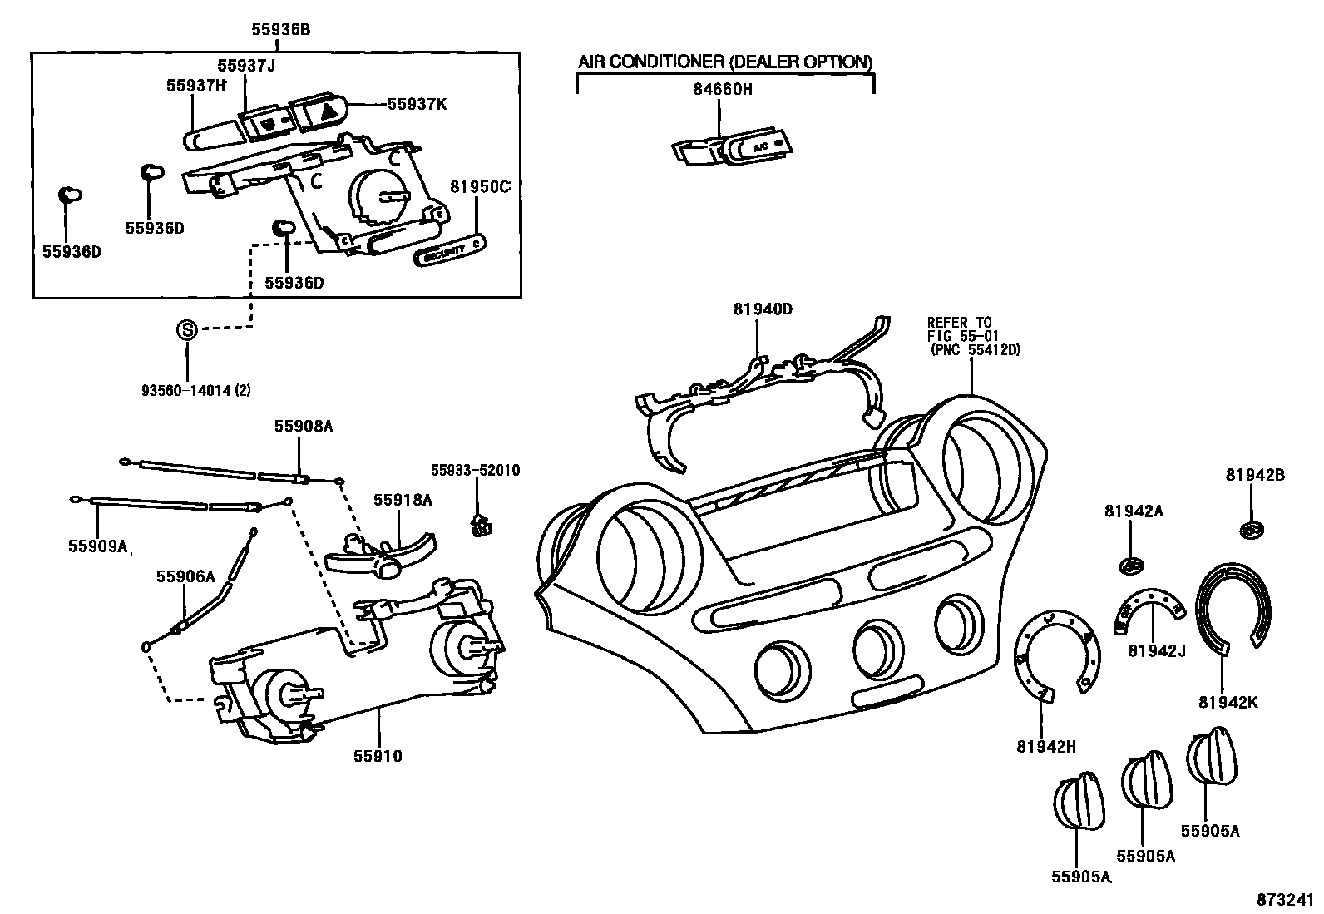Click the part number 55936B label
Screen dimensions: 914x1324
coord(280,29)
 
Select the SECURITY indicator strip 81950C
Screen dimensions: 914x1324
coord(449,252)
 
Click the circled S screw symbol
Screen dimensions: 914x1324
coord(187,329)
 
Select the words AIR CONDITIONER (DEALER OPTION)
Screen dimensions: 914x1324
coord(725,62)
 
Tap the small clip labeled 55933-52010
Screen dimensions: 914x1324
coord(479,526)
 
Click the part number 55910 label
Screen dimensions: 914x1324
coord(378,756)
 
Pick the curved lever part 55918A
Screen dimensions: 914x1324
coord(378,555)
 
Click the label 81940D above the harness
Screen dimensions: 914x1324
coord(763,309)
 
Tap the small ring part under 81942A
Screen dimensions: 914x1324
coord(1129,566)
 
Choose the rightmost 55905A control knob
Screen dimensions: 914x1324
coord(1211,756)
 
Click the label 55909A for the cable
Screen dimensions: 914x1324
coord(98,546)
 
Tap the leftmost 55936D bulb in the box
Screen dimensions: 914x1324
coord(70,196)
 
